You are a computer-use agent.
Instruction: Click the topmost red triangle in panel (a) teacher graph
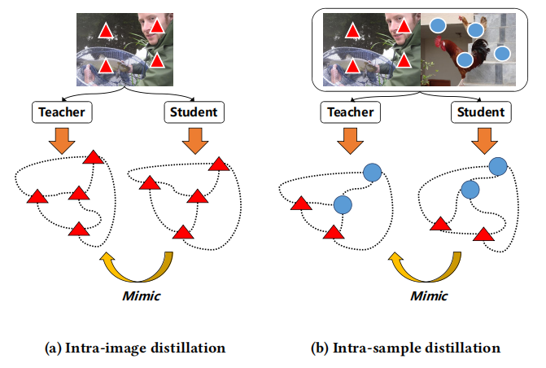pyautogui.click(x=94, y=156)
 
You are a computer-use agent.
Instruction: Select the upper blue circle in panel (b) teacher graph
pyautogui.click(x=372, y=172)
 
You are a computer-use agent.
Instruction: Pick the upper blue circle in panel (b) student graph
pyautogui.click(x=497, y=166)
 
